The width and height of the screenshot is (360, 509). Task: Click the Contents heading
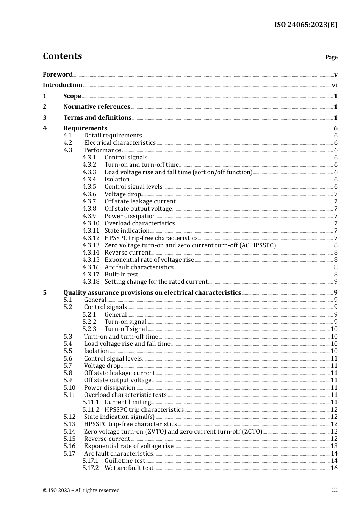[62, 56]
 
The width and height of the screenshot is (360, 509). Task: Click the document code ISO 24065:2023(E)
[305, 25]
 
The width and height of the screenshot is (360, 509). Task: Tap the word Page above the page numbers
[331, 57]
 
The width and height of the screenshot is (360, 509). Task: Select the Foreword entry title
[58, 74]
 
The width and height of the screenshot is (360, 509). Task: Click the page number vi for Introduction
[335, 85]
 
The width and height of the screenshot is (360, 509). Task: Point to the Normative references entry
[97, 107]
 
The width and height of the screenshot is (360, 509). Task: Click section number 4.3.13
[91, 245]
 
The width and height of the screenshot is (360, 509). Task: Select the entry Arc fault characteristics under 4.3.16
[139, 267]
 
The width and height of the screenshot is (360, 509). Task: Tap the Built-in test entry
[121, 275]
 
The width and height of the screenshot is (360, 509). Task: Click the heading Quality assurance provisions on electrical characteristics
[152, 292]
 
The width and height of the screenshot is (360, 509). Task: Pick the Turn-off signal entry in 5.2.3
[125, 329]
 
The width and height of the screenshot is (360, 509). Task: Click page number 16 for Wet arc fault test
[334, 468]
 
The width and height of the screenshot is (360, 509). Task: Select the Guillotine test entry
[125, 461]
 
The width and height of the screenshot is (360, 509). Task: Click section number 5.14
[69, 432]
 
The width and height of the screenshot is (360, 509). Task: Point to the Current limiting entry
[128, 402]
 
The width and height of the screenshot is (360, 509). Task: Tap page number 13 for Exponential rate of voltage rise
[334, 446]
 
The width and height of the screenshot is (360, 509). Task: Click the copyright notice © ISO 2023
[81, 490]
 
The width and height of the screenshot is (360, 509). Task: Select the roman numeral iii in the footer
[335, 490]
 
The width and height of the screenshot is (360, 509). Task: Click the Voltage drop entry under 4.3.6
[122, 194]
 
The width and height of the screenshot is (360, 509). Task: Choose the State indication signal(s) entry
[119, 417]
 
